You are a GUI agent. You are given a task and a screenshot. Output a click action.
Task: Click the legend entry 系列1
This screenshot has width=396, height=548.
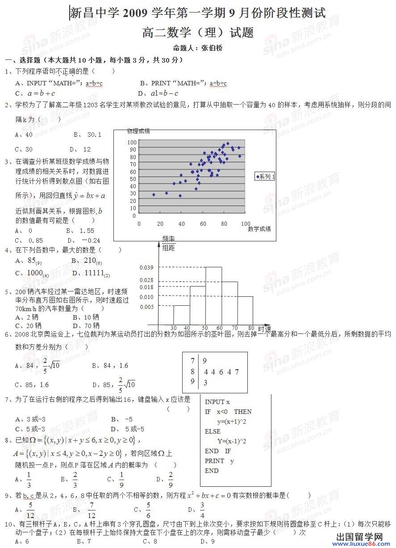click(265, 177)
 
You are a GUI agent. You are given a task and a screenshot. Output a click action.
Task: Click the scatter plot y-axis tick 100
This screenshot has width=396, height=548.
click(132, 143)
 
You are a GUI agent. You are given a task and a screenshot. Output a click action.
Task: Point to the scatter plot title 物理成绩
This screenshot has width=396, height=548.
click(138, 131)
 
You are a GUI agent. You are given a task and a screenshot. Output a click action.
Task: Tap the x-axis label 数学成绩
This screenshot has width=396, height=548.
click(259, 229)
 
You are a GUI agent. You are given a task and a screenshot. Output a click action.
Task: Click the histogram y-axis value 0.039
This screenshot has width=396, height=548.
click(146, 268)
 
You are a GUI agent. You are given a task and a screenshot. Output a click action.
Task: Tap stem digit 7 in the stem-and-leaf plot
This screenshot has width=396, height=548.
click(192, 361)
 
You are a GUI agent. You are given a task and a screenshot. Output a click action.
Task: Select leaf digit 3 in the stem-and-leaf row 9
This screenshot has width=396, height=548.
click(205, 383)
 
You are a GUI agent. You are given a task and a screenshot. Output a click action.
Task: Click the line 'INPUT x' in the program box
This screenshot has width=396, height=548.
click(217, 402)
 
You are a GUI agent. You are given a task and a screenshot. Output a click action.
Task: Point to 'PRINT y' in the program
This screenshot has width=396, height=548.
click(219, 461)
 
